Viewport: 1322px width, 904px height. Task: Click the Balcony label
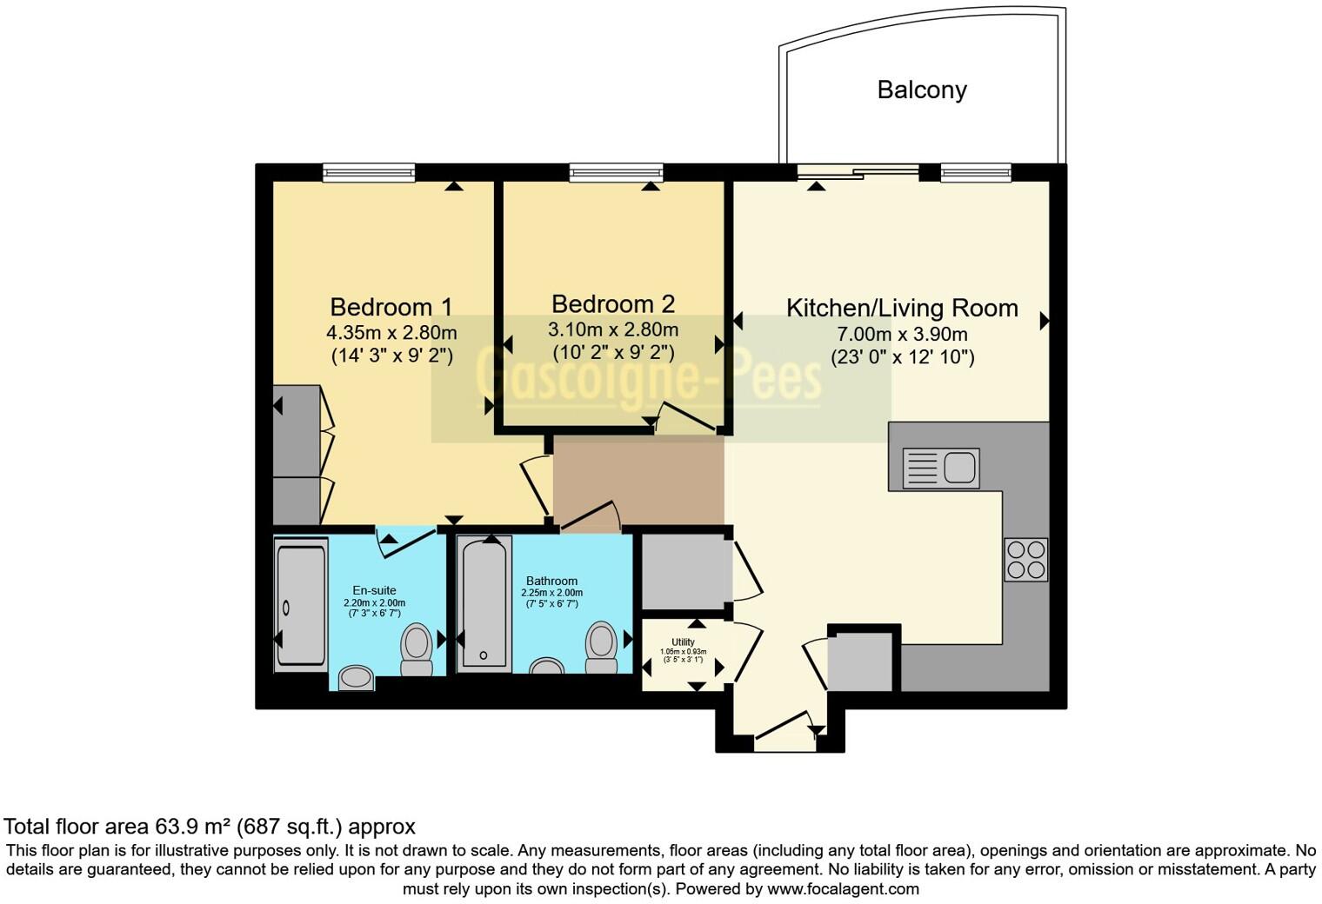(922, 90)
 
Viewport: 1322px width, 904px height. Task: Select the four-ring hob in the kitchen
(1025, 560)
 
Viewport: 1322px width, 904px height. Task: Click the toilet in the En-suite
(417, 651)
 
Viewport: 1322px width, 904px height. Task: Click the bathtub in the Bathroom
(485, 603)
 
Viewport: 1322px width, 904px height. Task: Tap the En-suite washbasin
(356, 677)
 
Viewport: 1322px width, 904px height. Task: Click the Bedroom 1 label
(391, 307)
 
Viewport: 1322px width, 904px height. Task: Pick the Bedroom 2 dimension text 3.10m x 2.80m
(612, 329)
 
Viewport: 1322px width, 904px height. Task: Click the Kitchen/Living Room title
(902, 308)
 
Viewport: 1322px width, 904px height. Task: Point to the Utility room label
(683, 642)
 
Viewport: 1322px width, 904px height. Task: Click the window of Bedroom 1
(368, 173)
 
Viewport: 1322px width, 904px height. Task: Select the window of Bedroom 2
(616, 173)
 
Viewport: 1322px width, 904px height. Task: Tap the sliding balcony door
(858, 172)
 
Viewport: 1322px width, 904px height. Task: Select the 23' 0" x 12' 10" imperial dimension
(902, 356)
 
